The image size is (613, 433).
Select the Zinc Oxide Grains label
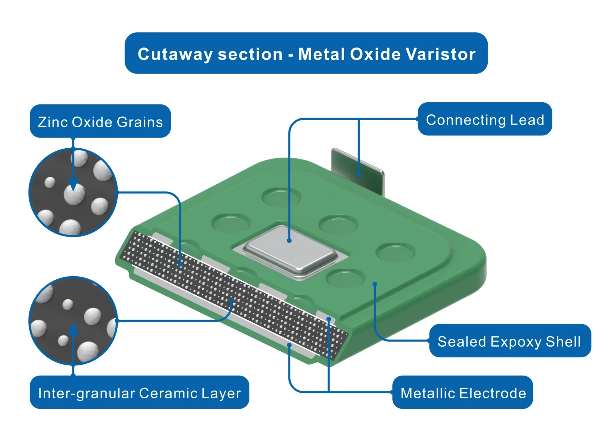tap(100, 122)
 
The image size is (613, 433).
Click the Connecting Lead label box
tap(485, 120)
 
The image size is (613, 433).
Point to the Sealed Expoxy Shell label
tap(509, 341)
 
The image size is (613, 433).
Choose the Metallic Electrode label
tap(463, 393)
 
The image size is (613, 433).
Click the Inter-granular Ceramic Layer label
tap(139, 393)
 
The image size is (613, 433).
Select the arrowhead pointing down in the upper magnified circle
tap(73, 184)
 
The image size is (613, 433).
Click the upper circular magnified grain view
tap(73, 192)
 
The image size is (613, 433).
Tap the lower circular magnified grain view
tap(73, 321)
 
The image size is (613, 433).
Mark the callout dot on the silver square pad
tap(289, 240)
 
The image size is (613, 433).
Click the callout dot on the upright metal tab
tap(359, 175)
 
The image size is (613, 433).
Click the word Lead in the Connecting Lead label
tap(527, 120)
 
